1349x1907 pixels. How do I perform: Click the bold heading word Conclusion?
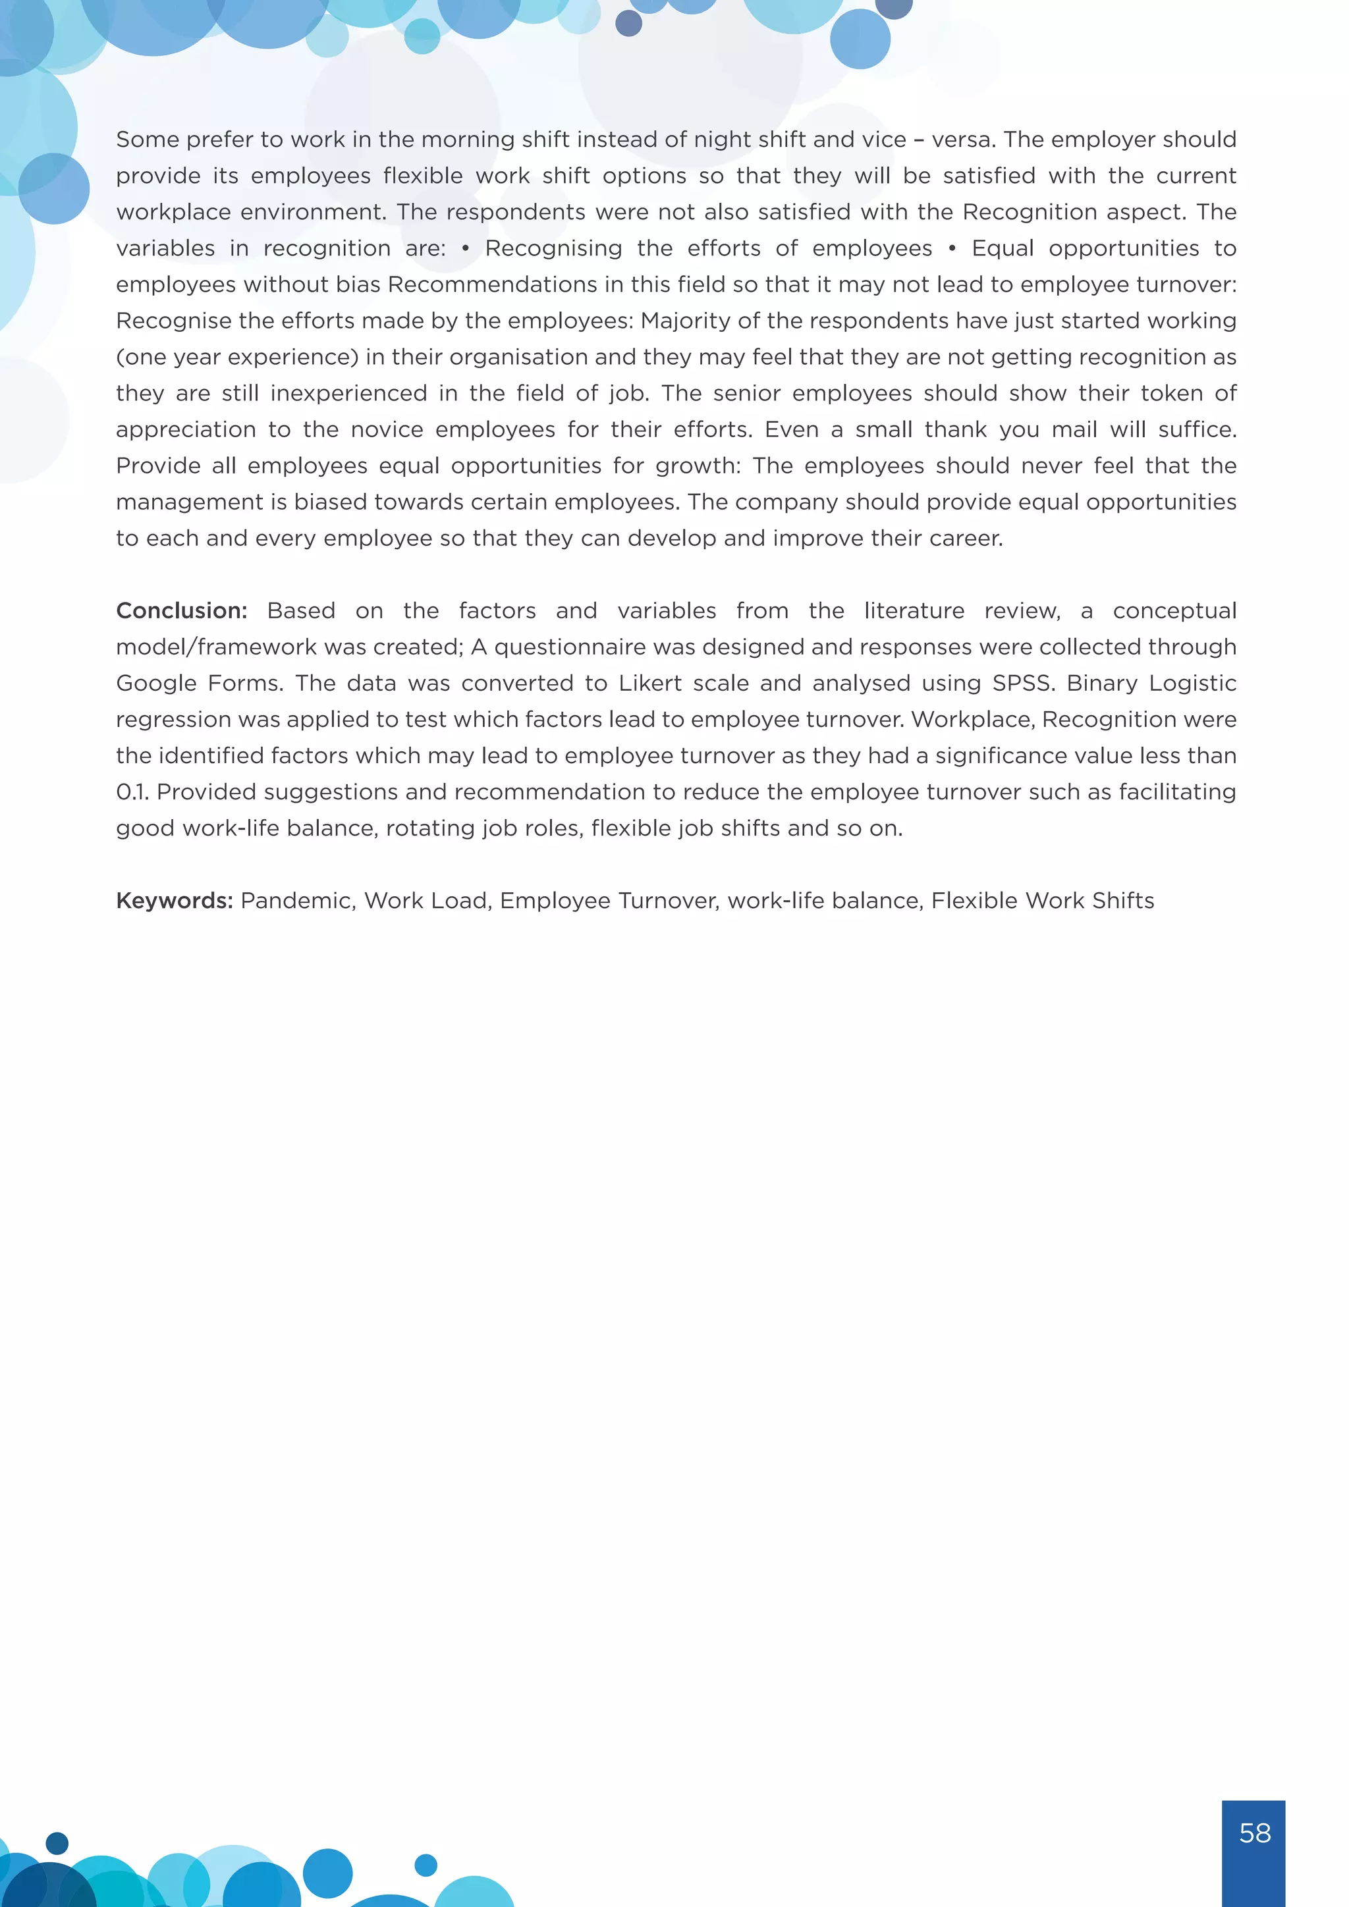point(181,610)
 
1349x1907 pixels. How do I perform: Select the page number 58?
point(1254,1833)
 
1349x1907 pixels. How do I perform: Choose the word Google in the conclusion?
point(155,683)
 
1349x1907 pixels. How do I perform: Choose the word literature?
point(914,610)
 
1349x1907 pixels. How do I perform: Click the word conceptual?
point(1174,610)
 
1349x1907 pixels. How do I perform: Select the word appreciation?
point(185,429)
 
